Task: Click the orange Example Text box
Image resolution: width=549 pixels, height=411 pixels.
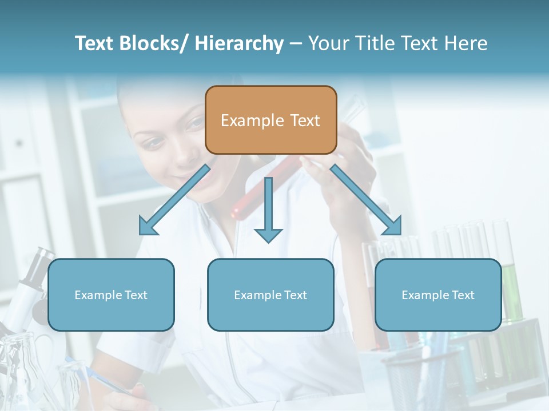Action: tap(271, 120)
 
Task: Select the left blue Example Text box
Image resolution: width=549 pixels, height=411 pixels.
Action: tap(111, 295)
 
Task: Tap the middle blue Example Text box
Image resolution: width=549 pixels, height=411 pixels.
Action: tap(270, 295)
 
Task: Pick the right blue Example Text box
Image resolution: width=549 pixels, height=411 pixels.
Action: tap(438, 295)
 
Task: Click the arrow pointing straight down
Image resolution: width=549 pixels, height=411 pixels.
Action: tap(268, 208)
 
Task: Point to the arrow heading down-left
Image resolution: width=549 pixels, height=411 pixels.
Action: tap(174, 200)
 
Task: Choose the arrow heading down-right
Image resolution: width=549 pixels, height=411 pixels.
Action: tap(366, 200)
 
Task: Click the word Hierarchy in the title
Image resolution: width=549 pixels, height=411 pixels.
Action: tap(239, 44)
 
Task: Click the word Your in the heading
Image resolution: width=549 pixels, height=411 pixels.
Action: tap(328, 44)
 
